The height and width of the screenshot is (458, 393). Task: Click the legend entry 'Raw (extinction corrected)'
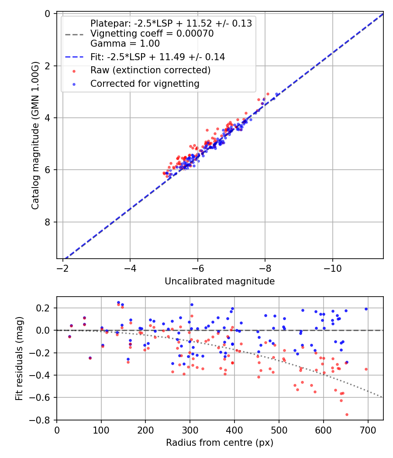coord(150,70)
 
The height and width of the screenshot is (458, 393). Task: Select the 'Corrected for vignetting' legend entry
coord(145,83)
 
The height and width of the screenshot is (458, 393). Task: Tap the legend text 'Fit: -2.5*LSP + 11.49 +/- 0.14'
coord(157,57)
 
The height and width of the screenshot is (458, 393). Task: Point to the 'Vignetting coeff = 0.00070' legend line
coord(152,34)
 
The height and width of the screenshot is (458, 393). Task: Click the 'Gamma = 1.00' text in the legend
coord(125,44)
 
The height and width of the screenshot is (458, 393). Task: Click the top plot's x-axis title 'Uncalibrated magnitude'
coord(220,281)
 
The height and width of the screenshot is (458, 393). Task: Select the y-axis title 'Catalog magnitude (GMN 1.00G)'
coord(35,135)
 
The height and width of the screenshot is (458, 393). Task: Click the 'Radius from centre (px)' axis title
coord(220,443)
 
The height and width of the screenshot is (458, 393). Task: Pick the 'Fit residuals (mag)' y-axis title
coord(19,359)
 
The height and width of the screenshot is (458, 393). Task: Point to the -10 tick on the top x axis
coord(333,265)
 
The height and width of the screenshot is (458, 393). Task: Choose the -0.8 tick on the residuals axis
coord(42,420)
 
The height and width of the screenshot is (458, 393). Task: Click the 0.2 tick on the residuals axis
coord(45,308)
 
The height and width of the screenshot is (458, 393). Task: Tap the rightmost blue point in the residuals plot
coord(366,309)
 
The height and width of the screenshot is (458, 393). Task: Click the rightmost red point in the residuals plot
coord(366,369)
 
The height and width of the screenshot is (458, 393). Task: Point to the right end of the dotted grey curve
coord(383,397)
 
